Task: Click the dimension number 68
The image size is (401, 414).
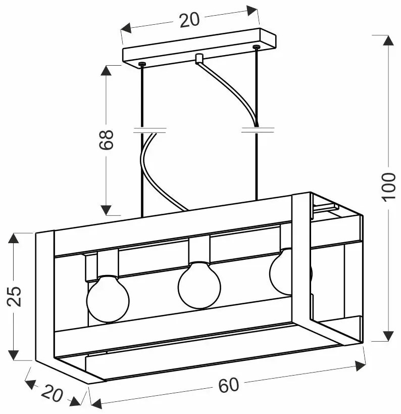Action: coord(106,140)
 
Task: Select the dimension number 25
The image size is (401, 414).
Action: coord(14,296)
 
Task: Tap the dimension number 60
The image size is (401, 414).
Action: coord(228,385)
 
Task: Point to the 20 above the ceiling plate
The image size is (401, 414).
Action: coord(189,20)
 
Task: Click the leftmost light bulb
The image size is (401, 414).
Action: coord(108,299)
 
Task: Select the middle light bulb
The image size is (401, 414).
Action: coord(199,285)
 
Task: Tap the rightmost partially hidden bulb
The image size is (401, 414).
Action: coord(281,272)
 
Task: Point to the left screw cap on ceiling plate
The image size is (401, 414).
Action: coord(142,64)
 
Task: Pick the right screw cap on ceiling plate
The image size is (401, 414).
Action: coord(256,47)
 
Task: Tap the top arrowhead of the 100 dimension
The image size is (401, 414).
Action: coord(388,40)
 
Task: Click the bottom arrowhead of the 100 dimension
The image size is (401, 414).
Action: coord(388,336)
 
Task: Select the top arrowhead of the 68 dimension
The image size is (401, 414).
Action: coord(106,70)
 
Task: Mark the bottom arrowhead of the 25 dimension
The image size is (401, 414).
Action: coord(14,355)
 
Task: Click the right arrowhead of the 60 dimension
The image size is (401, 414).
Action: coord(360,366)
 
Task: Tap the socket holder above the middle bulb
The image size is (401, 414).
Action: coord(199,250)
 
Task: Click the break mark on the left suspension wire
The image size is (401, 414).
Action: coord(150,130)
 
